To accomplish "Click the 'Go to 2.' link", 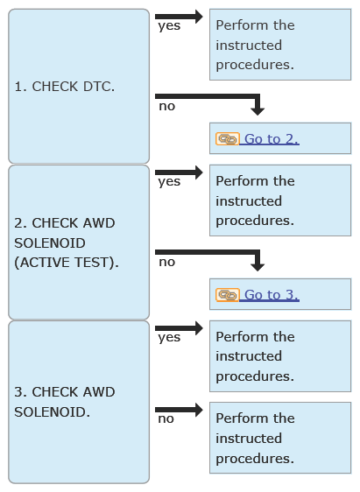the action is [272, 139].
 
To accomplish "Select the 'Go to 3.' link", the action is [272, 295].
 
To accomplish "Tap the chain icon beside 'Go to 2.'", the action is [227, 139].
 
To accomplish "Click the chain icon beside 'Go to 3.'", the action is [227, 295].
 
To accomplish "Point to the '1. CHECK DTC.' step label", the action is [65, 87].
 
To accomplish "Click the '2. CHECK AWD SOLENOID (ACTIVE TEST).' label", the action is [67, 242].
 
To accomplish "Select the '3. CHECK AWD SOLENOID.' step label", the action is [65, 402].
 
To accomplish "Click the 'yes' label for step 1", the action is [169, 26].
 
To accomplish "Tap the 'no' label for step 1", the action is [167, 107].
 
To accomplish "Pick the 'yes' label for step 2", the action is [169, 182].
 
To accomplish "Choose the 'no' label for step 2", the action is [167, 262].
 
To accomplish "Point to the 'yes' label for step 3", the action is [169, 338].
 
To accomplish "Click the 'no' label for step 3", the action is [166, 418].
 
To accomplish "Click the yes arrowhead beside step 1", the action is [199, 17].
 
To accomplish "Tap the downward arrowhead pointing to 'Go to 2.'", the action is [258, 111].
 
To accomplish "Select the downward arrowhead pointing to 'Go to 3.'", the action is [258, 267].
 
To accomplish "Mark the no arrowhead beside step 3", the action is [199, 410].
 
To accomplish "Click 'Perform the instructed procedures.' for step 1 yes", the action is [255, 45].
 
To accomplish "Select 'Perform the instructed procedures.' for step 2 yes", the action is [255, 200].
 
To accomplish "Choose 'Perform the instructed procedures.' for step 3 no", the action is [255, 439].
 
